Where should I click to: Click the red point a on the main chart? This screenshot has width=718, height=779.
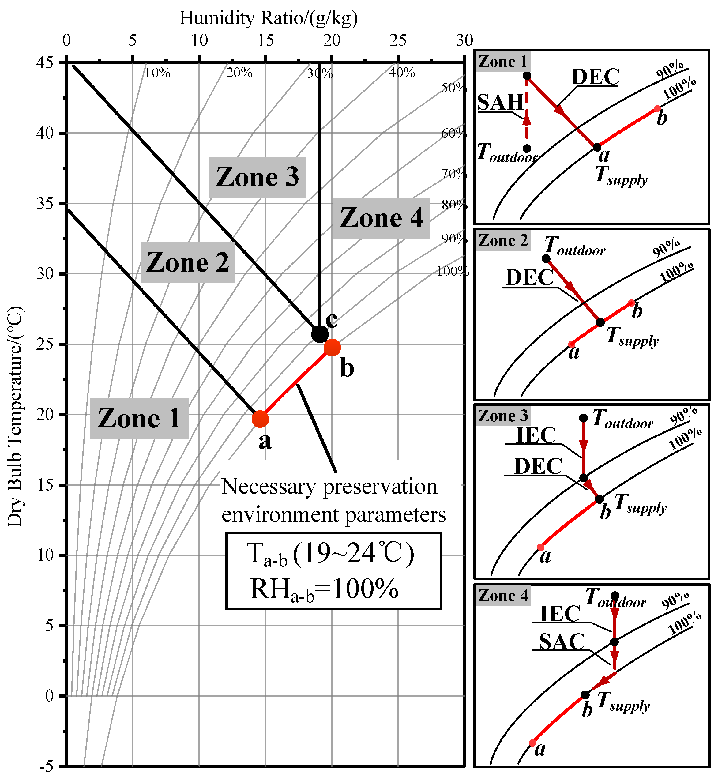click(260, 419)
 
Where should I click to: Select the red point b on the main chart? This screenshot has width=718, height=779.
click(332, 347)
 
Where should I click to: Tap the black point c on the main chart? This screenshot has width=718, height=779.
click(320, 334)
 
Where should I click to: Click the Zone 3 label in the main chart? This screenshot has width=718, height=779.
click(257, 177)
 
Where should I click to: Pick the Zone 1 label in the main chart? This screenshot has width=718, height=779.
click(139, 419)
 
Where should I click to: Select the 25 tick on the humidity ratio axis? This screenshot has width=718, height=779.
click(398, 40)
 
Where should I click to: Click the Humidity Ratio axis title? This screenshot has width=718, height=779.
click(269, 18)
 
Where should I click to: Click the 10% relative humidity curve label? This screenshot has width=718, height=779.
click(157, 73)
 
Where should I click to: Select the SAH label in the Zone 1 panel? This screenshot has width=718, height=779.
click(500, 103)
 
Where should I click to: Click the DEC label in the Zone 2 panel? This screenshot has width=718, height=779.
click(529, 277)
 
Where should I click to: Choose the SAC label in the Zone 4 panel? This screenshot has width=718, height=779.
click(562, 642)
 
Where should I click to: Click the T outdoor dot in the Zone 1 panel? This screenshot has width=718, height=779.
click(527, 149)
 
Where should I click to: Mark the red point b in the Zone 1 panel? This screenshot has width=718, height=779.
click(657, 108)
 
